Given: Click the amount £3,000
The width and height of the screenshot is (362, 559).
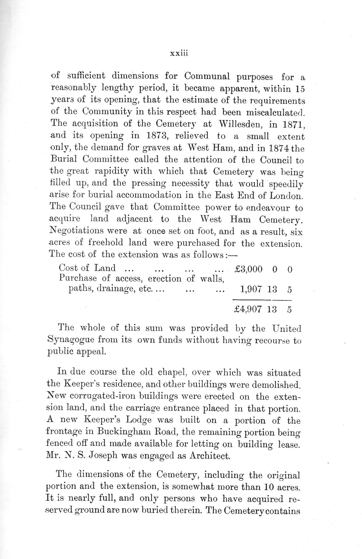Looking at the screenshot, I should coord(248,269).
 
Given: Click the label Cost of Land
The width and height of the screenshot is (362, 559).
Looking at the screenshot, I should coord(87,268).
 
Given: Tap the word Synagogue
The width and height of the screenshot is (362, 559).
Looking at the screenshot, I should coord(69,340).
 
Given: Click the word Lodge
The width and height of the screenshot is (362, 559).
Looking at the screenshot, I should coord(137,420).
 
